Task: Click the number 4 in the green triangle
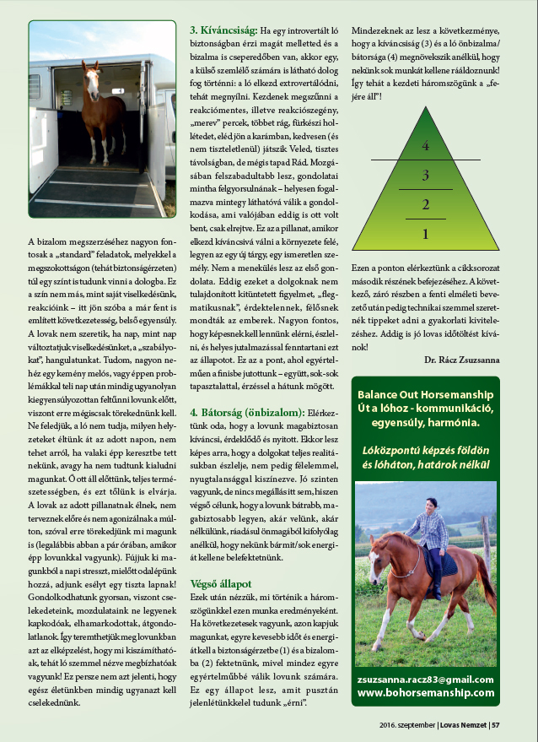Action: point(426,146)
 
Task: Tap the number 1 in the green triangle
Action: point(426,234)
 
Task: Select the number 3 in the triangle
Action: point(426,176)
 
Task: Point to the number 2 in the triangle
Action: point(426,204)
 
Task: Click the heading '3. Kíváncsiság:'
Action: point(223,30)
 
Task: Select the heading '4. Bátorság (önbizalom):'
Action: point(246,412)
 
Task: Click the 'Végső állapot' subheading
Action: point(221,583)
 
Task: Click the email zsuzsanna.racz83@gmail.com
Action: point(425,678)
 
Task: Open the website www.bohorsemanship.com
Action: point(425,692)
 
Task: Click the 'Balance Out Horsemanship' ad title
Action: point(425,394)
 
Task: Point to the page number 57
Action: point(497,723)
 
